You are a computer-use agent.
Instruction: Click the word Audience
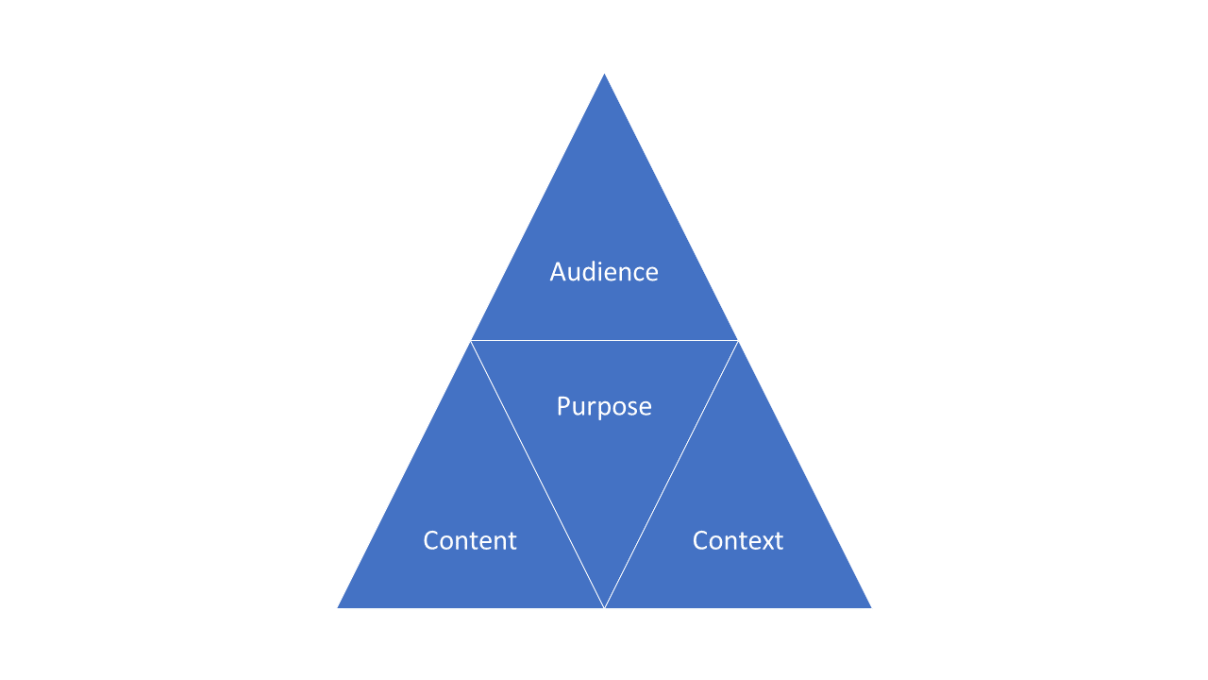coord(604,272)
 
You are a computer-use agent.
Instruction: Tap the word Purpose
coord(604,406)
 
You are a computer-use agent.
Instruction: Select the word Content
coord(470,540)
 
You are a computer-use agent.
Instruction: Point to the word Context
coord(738,540)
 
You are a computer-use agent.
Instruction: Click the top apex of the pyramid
coord(604,75)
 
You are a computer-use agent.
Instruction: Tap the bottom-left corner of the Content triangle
coord(339,607)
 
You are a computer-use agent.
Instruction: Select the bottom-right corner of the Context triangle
coord(869,607)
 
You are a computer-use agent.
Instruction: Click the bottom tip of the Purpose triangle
coord(604,606)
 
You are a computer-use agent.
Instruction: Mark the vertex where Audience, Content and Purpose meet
coord(471,340)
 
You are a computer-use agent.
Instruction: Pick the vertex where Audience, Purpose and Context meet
coord(737,340)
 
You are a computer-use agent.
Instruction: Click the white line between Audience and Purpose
coord(604,340)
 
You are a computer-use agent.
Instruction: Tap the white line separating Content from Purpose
coord(538,474)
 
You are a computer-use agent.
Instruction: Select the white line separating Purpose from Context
coord(670,474)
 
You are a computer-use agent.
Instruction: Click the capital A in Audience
coord(558,272)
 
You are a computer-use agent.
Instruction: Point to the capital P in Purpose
coord(563,406)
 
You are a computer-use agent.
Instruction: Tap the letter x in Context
coord(765,541)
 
